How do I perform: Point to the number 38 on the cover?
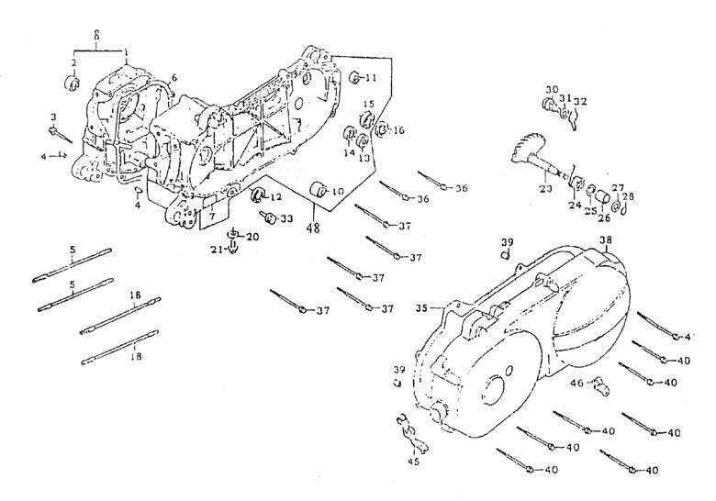605,242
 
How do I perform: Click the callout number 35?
421,307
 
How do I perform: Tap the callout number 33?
287,218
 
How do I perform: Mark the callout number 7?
210,217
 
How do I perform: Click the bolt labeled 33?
269,217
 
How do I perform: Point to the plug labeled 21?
232,248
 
